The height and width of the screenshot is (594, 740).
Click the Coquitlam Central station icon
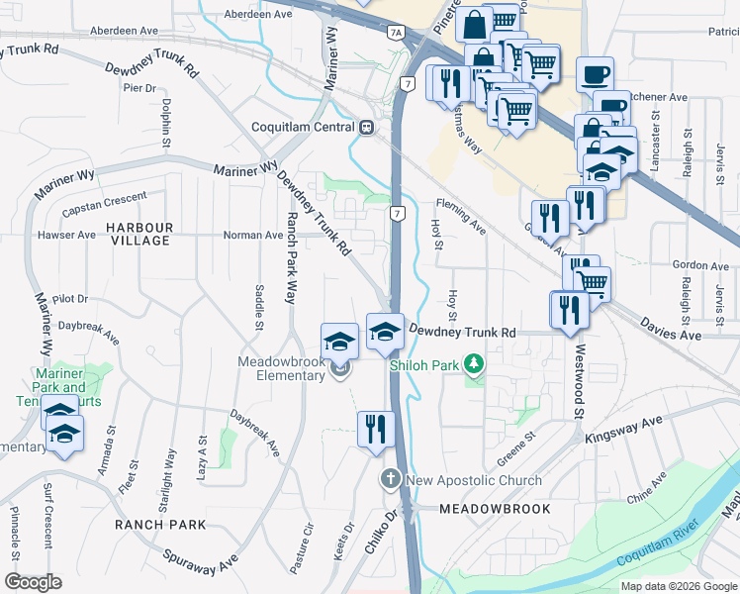[367, 127]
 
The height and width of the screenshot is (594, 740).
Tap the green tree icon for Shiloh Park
[476, 365]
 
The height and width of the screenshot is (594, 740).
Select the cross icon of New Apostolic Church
[390, 480]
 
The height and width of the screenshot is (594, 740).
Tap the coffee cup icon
[595, 74]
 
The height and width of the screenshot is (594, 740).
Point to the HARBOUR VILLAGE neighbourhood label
[139, 235]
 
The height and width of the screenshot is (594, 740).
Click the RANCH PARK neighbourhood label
[159, 524]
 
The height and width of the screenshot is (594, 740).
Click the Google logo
[34, 581]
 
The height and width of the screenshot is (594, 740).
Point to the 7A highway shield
[396, 33]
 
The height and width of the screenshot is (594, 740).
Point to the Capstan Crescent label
[104, 208]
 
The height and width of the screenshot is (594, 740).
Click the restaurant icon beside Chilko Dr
[375, 431]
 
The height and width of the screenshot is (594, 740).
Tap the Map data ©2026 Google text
[678, 586]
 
